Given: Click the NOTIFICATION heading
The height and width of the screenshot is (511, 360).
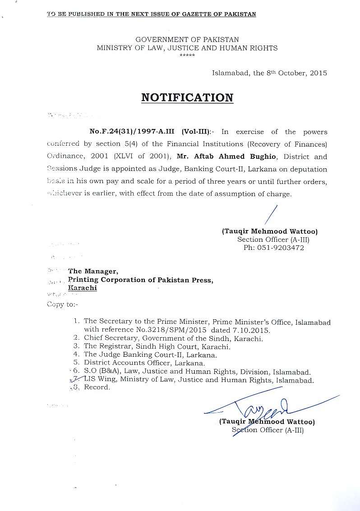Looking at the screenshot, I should click(187, 98).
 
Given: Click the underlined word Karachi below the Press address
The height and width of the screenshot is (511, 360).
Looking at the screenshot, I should click(82, 288).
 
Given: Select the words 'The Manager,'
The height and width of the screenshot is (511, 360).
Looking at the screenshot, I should click(93, 272).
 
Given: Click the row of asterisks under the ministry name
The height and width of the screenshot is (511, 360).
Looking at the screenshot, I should click(187, 55).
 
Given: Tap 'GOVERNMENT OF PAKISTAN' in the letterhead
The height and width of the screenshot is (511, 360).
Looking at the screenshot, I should click(187, 40).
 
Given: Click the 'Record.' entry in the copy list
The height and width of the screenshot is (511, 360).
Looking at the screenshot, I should click(97, 387).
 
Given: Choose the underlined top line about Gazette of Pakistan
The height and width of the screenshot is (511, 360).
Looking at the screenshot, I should click(152, 14).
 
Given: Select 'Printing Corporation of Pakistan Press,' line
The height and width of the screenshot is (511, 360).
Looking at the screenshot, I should click(140, 280).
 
